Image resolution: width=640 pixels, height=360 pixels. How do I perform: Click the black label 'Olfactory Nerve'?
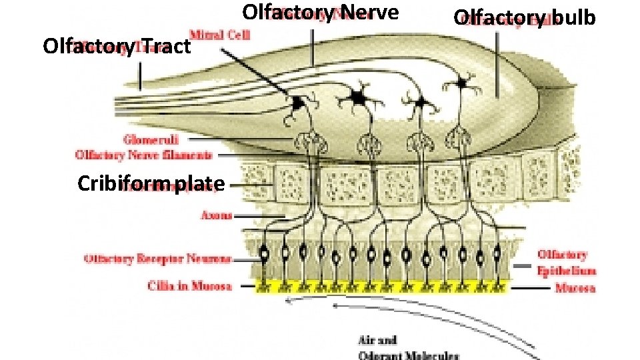tap(320, 13)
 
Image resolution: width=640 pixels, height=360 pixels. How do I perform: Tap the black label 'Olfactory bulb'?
tap(524, 18)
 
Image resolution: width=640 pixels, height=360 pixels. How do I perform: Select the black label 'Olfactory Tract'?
tap(117, 47)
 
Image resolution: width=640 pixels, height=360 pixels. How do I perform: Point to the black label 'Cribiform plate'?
tap(151, 183)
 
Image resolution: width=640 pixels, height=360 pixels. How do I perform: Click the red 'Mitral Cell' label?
tap(220, 35)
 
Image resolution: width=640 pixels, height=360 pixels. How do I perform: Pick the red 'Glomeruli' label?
tap(150, 140)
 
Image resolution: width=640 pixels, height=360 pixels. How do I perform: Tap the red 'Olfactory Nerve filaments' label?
tap(144, 155)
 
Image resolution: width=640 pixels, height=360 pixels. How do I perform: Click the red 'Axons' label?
tap(217, 215)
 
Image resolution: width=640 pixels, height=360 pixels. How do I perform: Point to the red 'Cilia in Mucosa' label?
tap(190, 287)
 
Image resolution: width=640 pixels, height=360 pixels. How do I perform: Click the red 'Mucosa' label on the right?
tap(575, 288)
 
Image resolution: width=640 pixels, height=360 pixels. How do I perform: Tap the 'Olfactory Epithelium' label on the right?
tap(567, 263)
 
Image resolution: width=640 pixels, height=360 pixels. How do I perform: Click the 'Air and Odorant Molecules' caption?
tap(408, 348)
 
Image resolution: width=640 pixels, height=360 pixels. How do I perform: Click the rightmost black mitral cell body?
tap(461, 83)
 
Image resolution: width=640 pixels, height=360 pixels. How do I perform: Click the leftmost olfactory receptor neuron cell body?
tap(264, 253)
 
